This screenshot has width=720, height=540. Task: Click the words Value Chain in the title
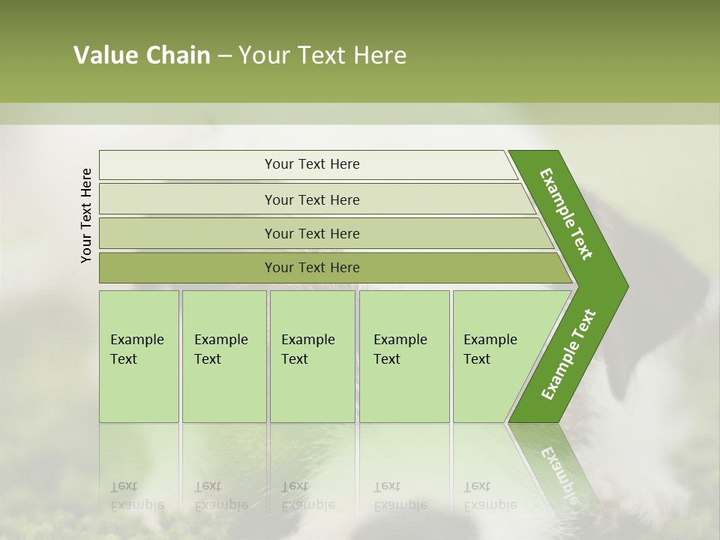coord(142,55)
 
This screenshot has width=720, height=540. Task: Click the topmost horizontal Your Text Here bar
coord(311,164)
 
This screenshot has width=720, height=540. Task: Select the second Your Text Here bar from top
coord(311,199)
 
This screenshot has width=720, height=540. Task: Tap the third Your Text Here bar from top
coord(311,233)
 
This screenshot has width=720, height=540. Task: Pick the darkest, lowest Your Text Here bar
coord(311,268)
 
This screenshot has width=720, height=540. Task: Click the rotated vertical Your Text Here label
coord(86,215)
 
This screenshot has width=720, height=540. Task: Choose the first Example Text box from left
coord(139,356)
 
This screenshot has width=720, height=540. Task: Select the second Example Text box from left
coord(223,356)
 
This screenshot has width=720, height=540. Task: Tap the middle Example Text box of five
coord(312,356)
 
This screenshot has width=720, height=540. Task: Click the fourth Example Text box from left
coord(404,356)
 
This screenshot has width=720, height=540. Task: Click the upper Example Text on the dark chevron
coord(566,214)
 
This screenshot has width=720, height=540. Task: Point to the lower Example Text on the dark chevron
coord(568,354)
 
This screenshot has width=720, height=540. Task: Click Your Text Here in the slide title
coord(322,55)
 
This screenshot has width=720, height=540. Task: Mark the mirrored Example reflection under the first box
coord(137,505)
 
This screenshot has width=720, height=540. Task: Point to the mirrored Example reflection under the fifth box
coord(490,505)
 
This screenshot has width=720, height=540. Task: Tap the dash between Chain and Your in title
coord(224,56)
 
